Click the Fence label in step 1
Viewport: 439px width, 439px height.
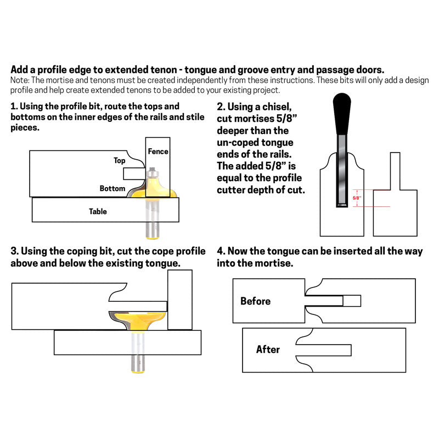(158, 151)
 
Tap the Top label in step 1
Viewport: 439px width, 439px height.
(120, 161)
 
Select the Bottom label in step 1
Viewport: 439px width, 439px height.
(112, 189)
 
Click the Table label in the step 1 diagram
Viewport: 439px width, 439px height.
(98, 211)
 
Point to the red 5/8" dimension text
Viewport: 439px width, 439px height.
(357, 198)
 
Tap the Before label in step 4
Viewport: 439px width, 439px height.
(255, 301)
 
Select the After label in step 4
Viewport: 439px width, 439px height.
(268, 350)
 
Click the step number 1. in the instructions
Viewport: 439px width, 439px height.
(14, 106)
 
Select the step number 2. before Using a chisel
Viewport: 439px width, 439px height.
(221, 106)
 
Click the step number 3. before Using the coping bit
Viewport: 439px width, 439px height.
(15, 251)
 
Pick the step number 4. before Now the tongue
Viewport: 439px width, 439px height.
(221, 251)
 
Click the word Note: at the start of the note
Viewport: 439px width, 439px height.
(20, 81)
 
